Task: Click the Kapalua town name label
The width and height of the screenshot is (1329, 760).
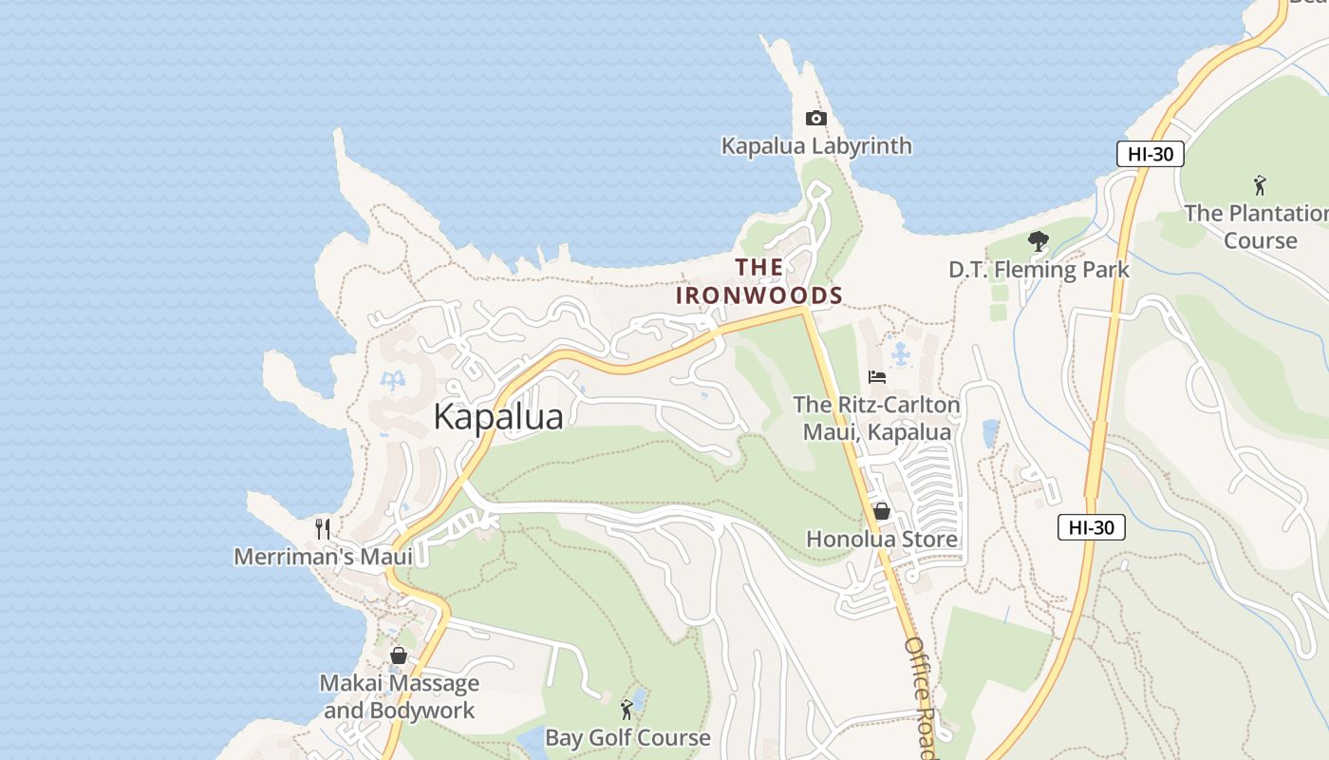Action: [498, 416]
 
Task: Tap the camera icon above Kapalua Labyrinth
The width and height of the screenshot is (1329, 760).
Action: [815, 119]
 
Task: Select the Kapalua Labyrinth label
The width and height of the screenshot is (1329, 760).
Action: [816, 145]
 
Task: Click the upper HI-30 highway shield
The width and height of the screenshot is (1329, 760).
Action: [1150, 154]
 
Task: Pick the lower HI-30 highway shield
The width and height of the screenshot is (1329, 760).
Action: [1091, 527]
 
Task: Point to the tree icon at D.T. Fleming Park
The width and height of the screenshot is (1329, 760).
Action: [1039, 241]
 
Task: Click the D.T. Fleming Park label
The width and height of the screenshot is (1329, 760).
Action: [1039, 270]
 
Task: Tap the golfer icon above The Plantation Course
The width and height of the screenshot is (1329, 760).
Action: [1260, 184]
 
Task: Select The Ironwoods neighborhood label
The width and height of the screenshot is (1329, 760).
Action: [759, 281]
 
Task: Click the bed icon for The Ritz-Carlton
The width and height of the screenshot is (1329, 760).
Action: [877, 377]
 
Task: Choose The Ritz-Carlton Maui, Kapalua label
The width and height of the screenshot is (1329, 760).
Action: [876, 418]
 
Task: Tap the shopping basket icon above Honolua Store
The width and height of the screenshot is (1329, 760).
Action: [881, 512]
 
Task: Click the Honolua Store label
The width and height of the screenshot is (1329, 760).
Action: [881, 540]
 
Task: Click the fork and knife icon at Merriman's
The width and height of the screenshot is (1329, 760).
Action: [323, 528]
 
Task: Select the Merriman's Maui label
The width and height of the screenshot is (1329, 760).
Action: [323, 557]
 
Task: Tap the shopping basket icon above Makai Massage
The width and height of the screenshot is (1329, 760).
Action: [399, 655]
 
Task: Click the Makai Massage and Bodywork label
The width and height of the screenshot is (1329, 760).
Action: [399, 696]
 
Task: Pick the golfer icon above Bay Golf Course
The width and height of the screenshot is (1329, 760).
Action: [627, 709]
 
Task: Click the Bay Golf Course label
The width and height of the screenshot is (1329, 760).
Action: [627, 737]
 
